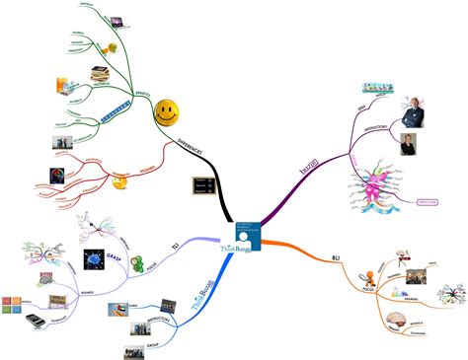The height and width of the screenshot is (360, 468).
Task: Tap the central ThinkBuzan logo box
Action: point(237,238)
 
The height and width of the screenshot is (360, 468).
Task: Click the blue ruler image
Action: point(117,112)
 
